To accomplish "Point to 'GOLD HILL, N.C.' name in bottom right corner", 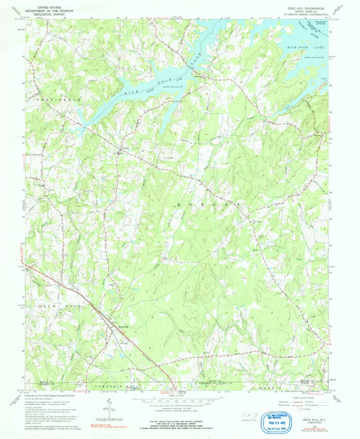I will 313,420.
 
